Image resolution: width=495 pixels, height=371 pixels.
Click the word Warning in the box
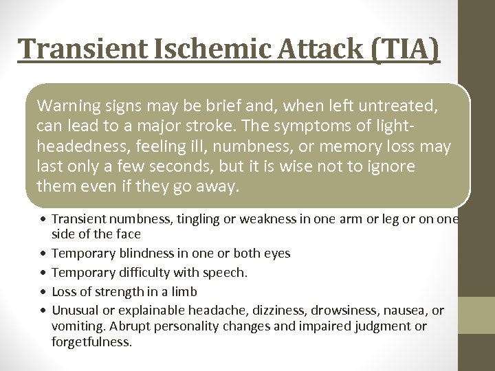pyautogui.click(x=66, y=106)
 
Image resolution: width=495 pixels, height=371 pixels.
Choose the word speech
pyautogui.click(x=224, y=272)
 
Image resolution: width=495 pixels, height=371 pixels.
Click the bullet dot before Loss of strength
pyautogui.click(x=43, y=291)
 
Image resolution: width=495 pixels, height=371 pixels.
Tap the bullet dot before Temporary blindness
pyautogui.click(x=43, y=254)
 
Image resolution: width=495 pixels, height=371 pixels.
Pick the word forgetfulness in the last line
pyautogui.click(x=91, y=341)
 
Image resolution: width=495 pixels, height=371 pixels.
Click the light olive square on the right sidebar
pyautogui.click(x=476, y=315)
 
